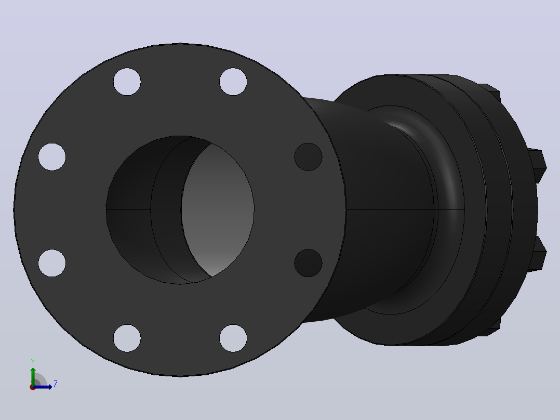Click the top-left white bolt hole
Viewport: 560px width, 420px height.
click(127, 82)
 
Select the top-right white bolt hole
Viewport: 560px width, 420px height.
click(233, 82)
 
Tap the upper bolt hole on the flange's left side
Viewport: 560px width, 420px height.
click(52, 157)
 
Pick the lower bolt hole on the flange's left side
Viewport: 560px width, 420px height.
click(52, 263)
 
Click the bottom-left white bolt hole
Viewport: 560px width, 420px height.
click(127, 338)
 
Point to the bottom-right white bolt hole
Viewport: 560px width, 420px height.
click(233, 338)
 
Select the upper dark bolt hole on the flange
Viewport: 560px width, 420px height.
click(308, 157)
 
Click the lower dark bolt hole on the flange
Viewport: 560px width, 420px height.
click(308, 263)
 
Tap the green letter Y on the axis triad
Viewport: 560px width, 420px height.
click(33, 361)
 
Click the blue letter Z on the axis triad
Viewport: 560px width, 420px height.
click(56, 384)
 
